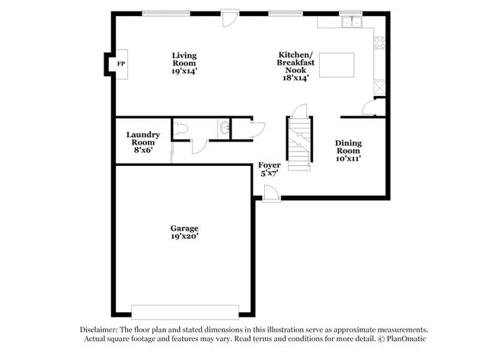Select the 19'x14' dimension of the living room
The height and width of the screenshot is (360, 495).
pyautogui.click(x=184, y=71)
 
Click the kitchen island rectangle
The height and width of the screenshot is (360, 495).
pyautogui.click(x=337, y=65)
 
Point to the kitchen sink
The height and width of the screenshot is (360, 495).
pyautogui.click(x=351, y=23)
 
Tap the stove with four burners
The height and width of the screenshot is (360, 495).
pyautogui.click(x=378, y=43)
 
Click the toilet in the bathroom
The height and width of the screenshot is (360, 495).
pyautogui.click(x=180, y=130)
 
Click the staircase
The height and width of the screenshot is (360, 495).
pyautogui.click(x=300, y=142)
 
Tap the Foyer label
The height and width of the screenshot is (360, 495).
pyautogui.click(x=270, y=165)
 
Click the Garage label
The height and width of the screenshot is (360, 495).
pyautogui.click(x=184, y=228)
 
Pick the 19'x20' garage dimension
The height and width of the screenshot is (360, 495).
pyautogui.click(x=184, y=237)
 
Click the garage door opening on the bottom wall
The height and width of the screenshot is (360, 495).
pyautogui.click(x=184, y=311)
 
